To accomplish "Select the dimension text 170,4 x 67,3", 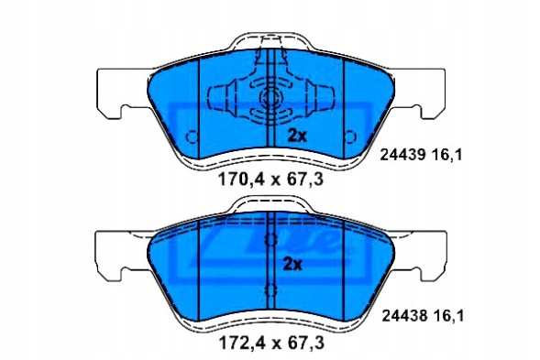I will tap(270, 180).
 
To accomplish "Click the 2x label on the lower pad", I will tap(292, 265).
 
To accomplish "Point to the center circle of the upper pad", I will tap(270, 100).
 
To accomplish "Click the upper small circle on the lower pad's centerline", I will tap(270, 240).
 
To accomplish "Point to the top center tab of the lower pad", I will tap(270, 205).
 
